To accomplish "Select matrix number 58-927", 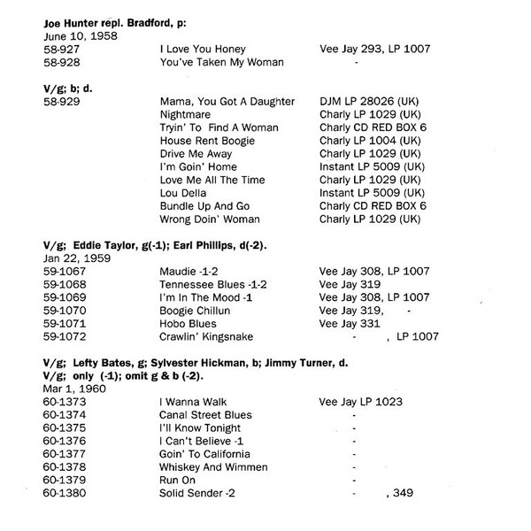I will point(58,49).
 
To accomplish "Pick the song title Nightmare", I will point(185,118).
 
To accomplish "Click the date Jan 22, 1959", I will point(70,260).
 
